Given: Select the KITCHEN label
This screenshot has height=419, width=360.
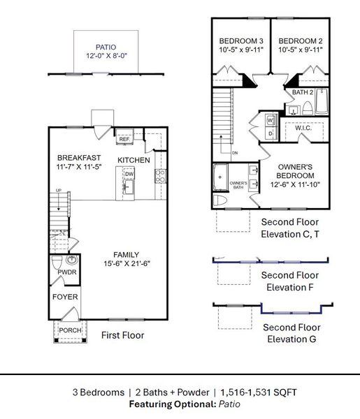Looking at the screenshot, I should point(134,161).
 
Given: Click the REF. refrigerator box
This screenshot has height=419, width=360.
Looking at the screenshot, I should point(125,140).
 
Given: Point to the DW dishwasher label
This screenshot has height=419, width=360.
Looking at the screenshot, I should point(129,175).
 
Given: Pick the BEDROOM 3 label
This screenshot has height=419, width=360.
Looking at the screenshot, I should point(240,40).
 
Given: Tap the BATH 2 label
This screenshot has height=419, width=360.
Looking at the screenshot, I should point(302,92).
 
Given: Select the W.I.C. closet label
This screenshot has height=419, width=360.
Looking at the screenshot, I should point(303,128).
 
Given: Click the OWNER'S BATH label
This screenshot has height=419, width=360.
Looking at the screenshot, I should point(239,184).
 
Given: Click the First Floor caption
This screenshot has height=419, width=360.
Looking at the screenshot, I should point(123,335).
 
